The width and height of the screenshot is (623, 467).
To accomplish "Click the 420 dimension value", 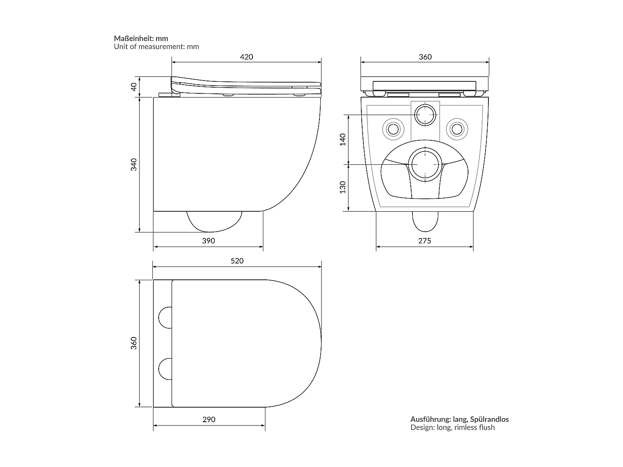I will [x=246, y=57].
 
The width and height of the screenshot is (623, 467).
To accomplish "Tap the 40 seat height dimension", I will [x=134, y=87].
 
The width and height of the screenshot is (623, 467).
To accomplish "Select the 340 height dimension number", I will [x=134, y=164].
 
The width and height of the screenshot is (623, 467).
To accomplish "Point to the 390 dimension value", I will [x=208, y=241].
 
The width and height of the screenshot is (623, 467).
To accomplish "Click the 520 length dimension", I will [x=237, y=261].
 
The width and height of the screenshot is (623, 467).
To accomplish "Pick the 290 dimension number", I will [x=209, y=419].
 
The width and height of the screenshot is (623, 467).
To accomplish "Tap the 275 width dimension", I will [x=424, y=241].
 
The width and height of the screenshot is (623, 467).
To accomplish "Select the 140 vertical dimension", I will [x=343, y=139].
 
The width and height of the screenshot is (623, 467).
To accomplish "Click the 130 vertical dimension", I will [x=343, y=187].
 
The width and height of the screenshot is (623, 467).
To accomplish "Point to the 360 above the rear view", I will [x=425, y=57].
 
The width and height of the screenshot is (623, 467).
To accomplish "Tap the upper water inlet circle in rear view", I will [x=425, y=114].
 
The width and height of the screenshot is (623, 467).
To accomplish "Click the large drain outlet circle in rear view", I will [x=425, y=164].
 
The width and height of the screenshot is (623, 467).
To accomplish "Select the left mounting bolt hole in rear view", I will [x=393, y=129].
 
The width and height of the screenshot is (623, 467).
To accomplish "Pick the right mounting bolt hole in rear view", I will [x=457, y=129].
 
